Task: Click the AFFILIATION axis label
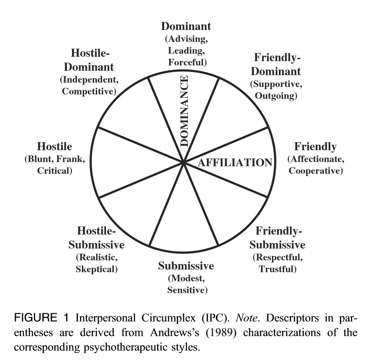(x=235, y=162)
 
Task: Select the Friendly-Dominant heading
(x=277, y=64)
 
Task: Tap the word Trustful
(x=277, y=269)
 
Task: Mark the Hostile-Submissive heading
(x=97, y=238)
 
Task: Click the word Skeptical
(x=97, y=269)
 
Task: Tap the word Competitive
(x=89, y=91)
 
